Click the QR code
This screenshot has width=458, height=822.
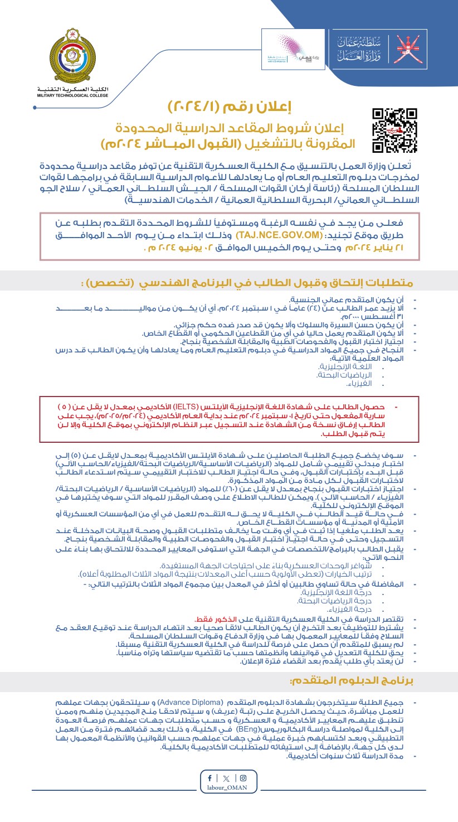[x=394, y=130]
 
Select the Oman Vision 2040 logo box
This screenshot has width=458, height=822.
[x=293, y=50]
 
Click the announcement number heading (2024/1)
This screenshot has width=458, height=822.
[x=229, y=107]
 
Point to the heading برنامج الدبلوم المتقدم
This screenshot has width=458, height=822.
[x=352, y=680]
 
